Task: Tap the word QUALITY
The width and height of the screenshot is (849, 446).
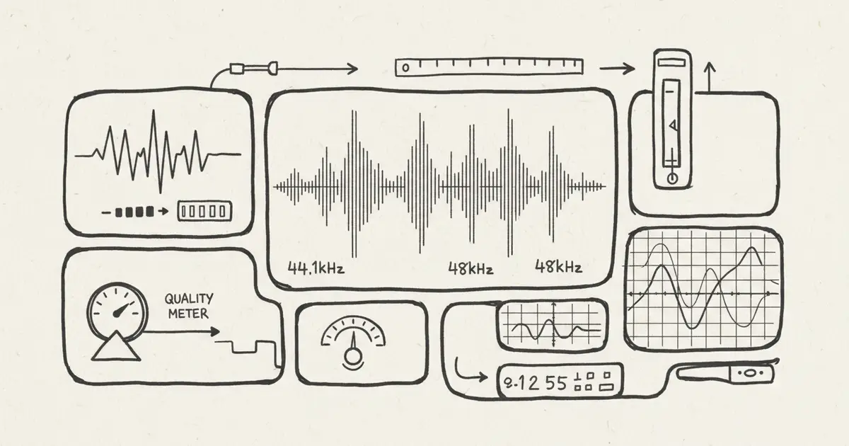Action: [x=189, y=299]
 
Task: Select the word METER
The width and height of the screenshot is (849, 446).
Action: [x=188, y=314]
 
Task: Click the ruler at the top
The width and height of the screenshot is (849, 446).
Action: [x=489, y=67]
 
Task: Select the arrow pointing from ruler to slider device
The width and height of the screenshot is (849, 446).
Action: [x=616, y=68]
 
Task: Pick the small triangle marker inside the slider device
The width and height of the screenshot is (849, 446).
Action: [x=673, y=126]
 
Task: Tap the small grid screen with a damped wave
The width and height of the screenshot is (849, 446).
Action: [x=551, y=325]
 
